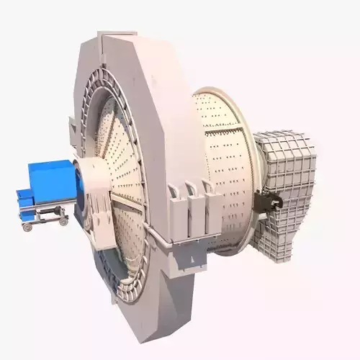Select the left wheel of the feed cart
(x=27, y=226)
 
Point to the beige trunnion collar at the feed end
(x=91, y=189)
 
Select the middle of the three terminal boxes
(x=192, y=202)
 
